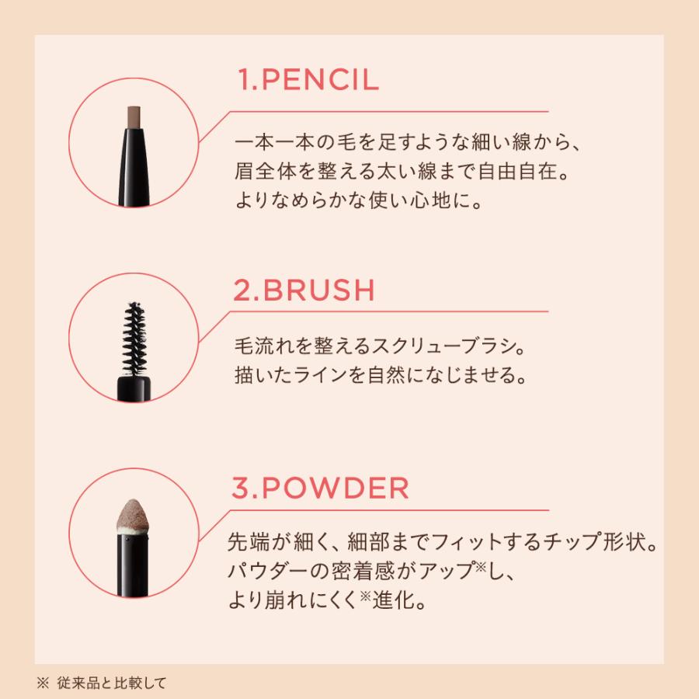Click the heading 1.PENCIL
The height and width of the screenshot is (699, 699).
tap(308, 80)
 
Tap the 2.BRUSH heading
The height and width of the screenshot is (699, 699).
tap(304, 290)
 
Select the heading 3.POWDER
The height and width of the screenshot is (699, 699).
tap(321, 488)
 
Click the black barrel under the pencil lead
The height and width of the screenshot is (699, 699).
tap(134, 168)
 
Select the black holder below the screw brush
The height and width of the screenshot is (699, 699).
tap(134, 388)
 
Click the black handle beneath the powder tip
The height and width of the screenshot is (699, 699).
tap(133, 565)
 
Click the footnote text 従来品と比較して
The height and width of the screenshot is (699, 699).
tap(111, 683)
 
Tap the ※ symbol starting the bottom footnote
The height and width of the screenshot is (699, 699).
tap(43, 683)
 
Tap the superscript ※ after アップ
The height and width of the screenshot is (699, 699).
tap(480, 566)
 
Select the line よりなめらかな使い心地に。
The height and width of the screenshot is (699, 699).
tap(359, 200)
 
